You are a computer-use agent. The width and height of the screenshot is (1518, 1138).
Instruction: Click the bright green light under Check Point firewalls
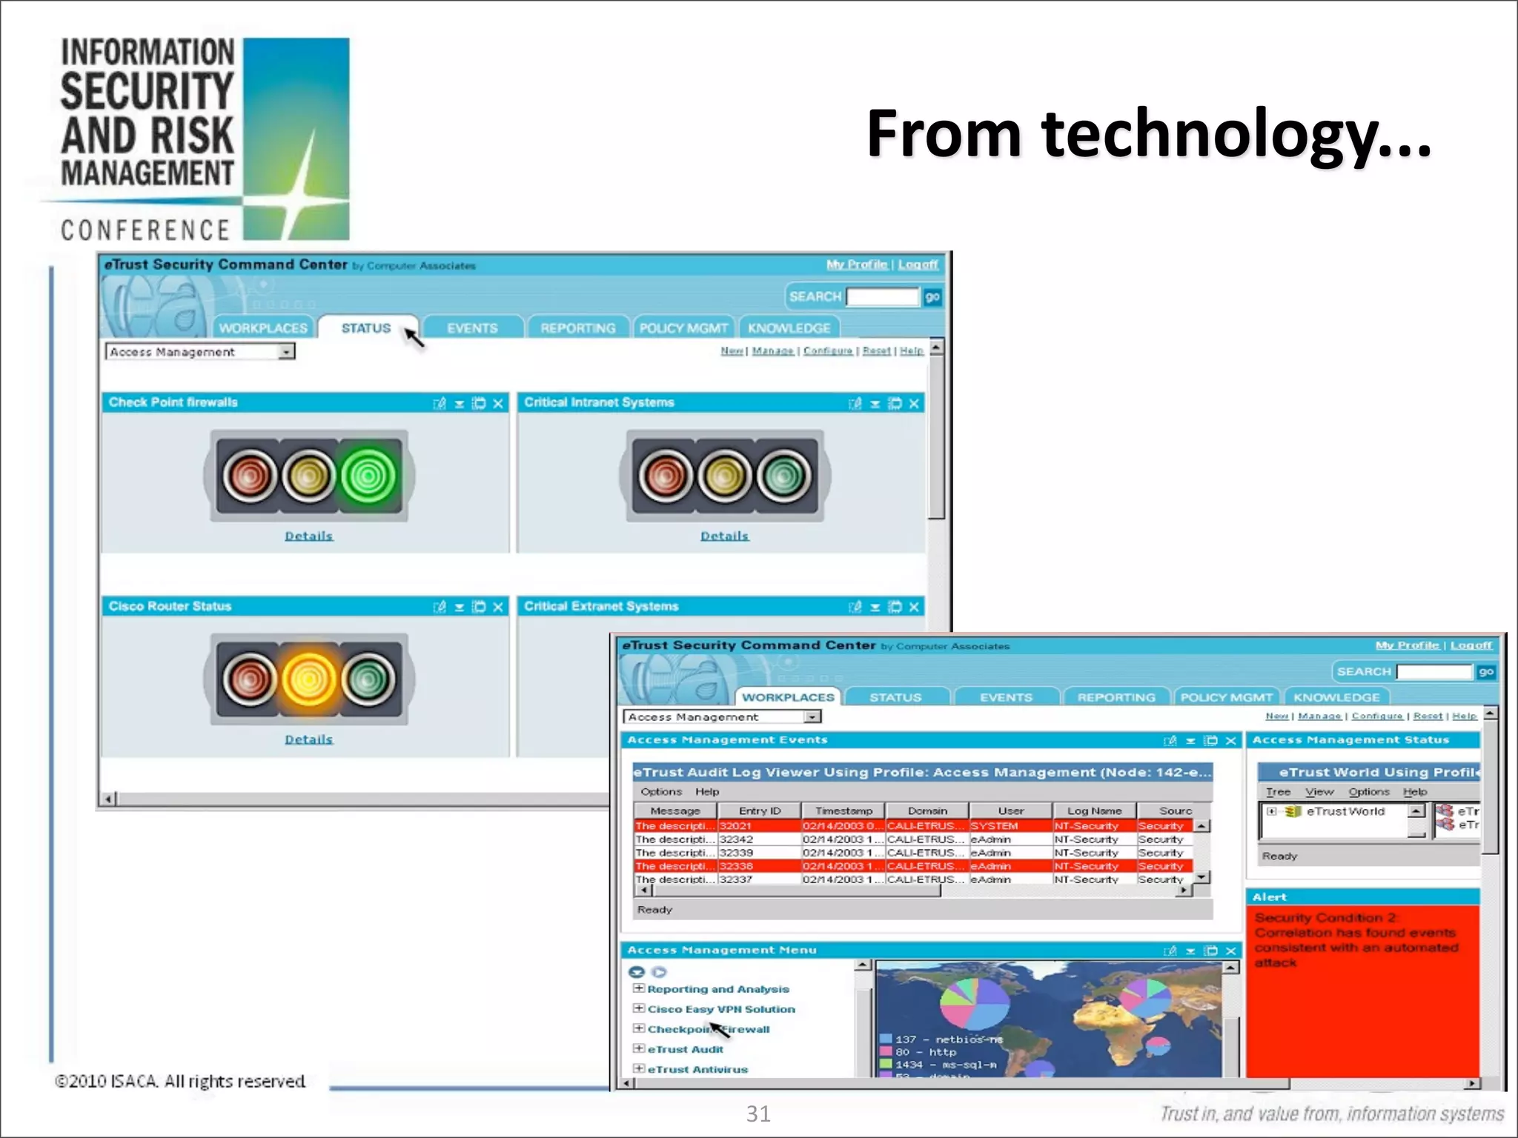(368, 475)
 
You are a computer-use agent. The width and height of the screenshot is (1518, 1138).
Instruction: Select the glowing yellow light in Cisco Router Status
(309, 679)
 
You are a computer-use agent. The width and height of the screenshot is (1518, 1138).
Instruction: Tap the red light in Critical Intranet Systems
(665, 475)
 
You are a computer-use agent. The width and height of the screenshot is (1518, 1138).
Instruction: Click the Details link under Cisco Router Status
(309, 739)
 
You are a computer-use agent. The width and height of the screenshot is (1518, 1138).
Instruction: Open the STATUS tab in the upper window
(366, 328)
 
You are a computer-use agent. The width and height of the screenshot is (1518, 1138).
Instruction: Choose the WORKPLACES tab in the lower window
(788, 697)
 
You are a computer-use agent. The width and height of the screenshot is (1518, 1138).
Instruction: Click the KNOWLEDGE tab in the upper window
(789, 328)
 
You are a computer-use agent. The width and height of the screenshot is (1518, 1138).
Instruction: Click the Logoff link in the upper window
(918, 264)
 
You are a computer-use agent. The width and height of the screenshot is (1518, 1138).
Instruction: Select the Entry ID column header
(760, 811)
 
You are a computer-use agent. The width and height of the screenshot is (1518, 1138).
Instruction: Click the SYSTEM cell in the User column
(995, 825)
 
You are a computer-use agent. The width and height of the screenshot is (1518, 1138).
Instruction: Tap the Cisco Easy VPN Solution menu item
(721, 1009)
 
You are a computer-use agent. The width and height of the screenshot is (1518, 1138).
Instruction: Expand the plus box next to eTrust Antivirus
(638, 1068)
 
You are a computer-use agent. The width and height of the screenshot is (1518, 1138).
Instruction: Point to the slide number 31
(758, 1114)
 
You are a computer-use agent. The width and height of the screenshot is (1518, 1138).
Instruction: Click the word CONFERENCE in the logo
(146, 230)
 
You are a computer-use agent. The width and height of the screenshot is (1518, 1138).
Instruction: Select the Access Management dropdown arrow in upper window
(286, 352)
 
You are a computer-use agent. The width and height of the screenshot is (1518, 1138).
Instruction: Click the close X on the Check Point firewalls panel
(498, 403)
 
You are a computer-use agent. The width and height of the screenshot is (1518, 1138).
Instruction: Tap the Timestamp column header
(843, 811)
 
